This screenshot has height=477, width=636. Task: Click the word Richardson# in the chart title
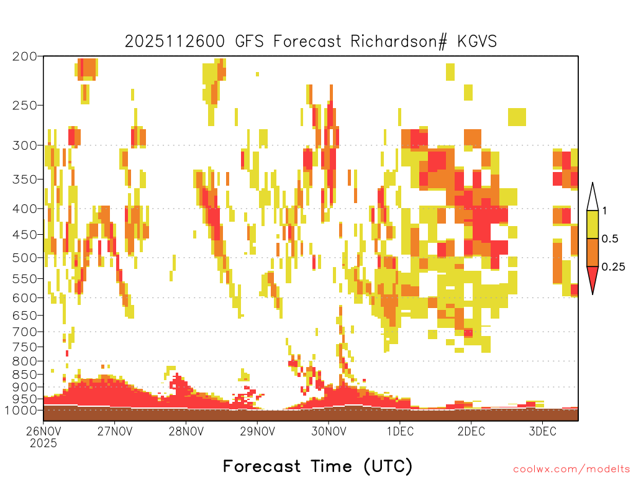point(399,42)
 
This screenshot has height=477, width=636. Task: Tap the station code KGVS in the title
point(477,42)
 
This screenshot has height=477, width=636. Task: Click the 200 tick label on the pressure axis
point(24,57)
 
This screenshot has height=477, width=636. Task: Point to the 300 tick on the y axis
point(24,145)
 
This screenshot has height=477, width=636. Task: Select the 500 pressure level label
point(24,258)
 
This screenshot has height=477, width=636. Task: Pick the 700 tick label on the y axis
point(24,332)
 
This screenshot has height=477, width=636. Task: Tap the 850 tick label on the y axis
point(24,374)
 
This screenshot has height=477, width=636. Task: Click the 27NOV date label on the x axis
point(115,431)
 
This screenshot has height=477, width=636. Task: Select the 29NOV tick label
point(257,431)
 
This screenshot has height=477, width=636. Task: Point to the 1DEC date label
point(400,431)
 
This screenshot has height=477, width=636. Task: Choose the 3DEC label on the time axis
point(542,431)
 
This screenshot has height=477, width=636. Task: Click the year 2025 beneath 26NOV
point(43,443)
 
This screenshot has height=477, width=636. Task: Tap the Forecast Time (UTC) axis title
point(317,466)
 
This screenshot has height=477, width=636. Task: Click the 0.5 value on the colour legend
point(610,238)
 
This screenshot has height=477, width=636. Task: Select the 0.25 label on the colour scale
point(613,266)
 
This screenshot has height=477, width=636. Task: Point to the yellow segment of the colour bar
point(593,224)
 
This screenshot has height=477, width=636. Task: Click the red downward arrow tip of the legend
point(593,294)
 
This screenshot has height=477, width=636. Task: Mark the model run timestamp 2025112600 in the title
point(175,42)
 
